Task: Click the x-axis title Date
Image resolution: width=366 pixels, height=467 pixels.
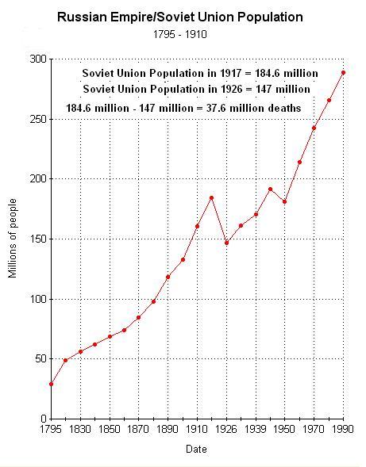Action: click(197, 449)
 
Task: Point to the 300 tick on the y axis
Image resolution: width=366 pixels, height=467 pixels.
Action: click(37, 59)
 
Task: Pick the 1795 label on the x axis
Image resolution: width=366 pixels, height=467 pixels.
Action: click(51, 429)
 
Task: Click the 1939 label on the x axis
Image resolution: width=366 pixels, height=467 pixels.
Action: click(255, 429)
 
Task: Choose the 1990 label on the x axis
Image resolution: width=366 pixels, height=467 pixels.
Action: click(342, 429)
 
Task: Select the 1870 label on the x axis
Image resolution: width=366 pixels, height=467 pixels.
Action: click(138, 429)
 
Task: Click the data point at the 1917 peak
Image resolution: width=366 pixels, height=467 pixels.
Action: click(211, 197)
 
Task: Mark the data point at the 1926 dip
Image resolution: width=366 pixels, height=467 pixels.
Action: click(226, 243)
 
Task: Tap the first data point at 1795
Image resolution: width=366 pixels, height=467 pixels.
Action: click(51, 384)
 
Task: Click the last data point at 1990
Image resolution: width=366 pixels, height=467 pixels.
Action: click(343, 72)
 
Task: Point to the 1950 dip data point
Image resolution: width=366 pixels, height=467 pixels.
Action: click(284, 201)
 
